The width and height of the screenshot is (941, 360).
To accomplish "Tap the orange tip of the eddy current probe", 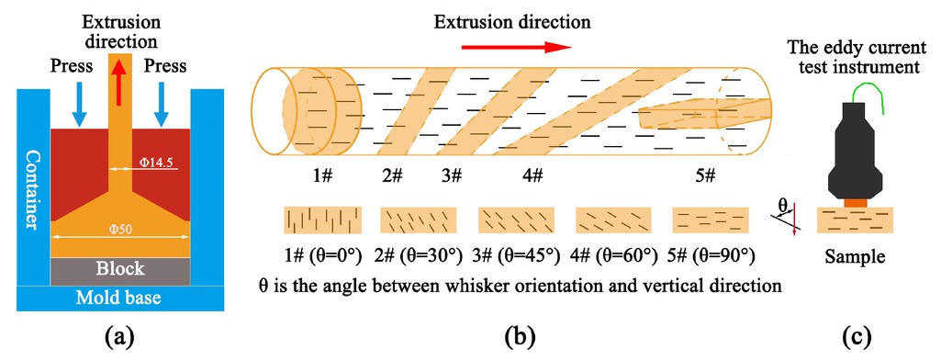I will pos(855,200).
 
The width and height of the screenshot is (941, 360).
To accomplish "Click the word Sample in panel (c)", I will pos(856,256).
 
